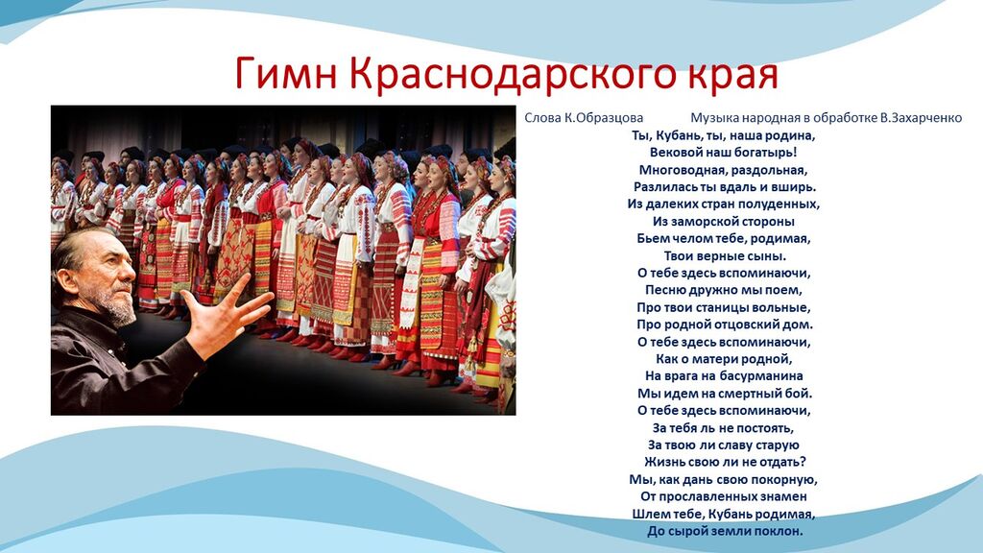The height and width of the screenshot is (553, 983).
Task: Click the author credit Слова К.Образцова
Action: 584,118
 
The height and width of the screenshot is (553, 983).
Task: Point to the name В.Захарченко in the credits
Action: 921,118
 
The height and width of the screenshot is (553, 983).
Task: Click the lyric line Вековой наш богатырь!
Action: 724,153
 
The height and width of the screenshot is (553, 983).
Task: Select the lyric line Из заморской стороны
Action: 724,222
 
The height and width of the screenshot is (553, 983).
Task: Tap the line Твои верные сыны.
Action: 725,255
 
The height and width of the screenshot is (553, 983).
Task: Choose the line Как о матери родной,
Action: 724,359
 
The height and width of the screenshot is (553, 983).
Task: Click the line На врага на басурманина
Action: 724,376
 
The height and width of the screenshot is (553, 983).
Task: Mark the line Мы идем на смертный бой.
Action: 725,394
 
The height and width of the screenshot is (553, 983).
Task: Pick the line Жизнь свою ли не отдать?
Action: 725,462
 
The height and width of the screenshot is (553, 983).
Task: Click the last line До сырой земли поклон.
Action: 725,531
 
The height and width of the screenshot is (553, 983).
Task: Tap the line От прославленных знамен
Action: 724,496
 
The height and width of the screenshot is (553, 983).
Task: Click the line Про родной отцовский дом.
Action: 725,325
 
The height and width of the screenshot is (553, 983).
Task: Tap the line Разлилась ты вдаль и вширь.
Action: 725,187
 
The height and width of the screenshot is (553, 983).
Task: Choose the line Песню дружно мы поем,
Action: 724,290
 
